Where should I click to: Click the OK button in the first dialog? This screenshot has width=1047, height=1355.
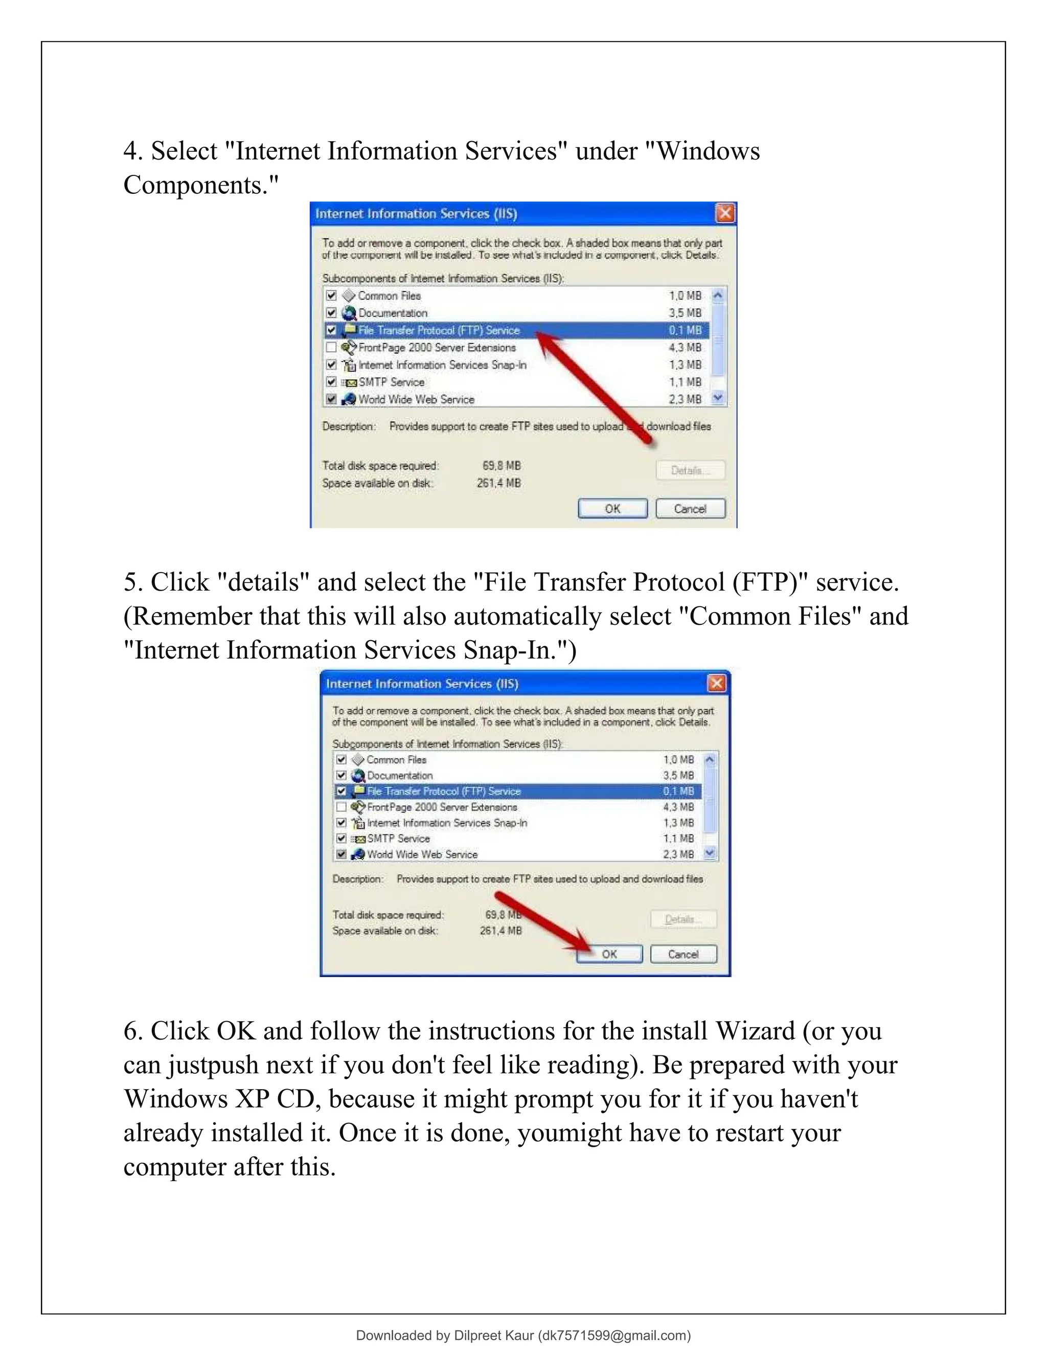tap(612, 509)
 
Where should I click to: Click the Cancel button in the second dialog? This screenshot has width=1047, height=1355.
tap(683, 954)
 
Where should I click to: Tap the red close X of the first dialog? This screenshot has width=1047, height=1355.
tap(724, 213)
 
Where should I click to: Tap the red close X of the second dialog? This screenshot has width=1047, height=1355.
tap(716, 683)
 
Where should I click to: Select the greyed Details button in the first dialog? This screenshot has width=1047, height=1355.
tap(690, 470)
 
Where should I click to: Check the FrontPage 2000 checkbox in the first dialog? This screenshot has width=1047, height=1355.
tap(331, 347)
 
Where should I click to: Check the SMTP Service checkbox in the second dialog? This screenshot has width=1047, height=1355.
tap(341, 838)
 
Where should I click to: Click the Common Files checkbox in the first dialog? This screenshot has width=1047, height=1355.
tap(331, 296)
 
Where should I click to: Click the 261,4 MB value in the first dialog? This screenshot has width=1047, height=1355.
tap(498, 483)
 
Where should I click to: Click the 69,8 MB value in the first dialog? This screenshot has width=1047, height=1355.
tap(501, 465)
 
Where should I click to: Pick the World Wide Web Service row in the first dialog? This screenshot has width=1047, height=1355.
tap(416, 399)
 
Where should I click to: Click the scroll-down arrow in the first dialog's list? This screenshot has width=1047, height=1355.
tap(718, 398)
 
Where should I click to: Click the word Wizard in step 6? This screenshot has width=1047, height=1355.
tap(755, 1031)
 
